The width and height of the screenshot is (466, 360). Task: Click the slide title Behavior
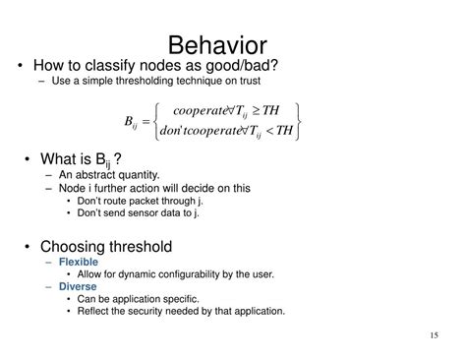pos(232,43)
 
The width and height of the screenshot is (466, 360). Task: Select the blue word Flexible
pos(78,263)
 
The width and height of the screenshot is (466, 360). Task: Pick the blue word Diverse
pos(76,286)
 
